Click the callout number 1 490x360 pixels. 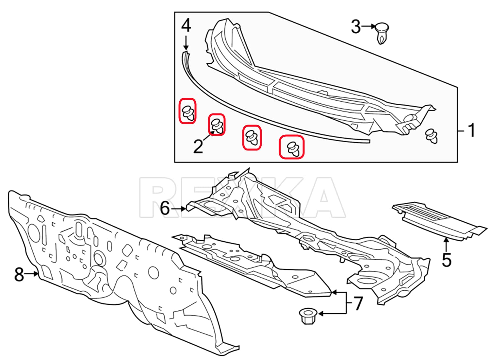[x=471, y=130]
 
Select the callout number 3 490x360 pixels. [x=356, y=26]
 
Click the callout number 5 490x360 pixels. [x=447, y=260]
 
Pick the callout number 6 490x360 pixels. [x=165, y=209]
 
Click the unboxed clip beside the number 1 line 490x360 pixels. [x=431, y=136]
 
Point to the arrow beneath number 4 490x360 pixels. [x=186, y=43]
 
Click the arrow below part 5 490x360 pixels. [x=447, y=245]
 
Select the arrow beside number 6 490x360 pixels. [x=178, y=209]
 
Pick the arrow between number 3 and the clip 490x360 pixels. [x=368, y=26]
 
